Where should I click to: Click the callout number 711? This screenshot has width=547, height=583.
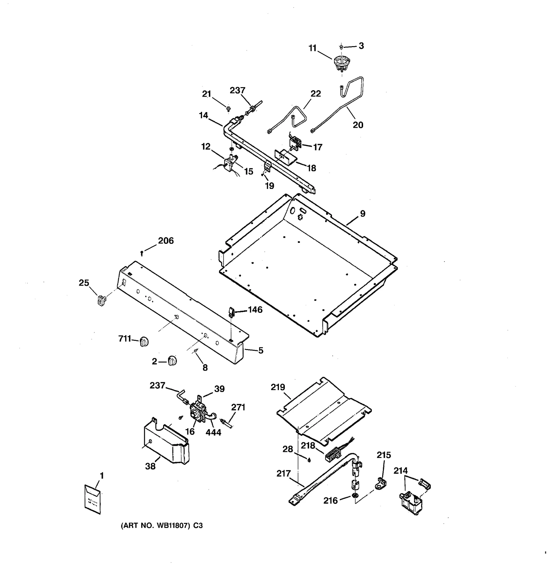(x=124, y=339)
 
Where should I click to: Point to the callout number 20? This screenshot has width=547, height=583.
(x=358, y=125)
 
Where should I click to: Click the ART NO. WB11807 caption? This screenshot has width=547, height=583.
(x=162, y=526)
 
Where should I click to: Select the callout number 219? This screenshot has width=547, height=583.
(x=278, y=387)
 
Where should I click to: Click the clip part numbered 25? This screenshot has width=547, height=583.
(x=100, y=300)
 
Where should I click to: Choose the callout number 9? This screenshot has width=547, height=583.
(x=362, y=214)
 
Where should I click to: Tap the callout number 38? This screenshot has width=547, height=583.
(x=150, y=466)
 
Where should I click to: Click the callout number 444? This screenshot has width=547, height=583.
(x=213, y=432)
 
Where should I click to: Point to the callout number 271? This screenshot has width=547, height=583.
(x=238, y=407)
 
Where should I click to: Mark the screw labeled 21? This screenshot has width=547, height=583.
(x=228, y=109)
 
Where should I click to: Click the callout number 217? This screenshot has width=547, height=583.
(x=283, y=474)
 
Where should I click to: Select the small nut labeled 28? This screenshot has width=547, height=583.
(x=309, y=460)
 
